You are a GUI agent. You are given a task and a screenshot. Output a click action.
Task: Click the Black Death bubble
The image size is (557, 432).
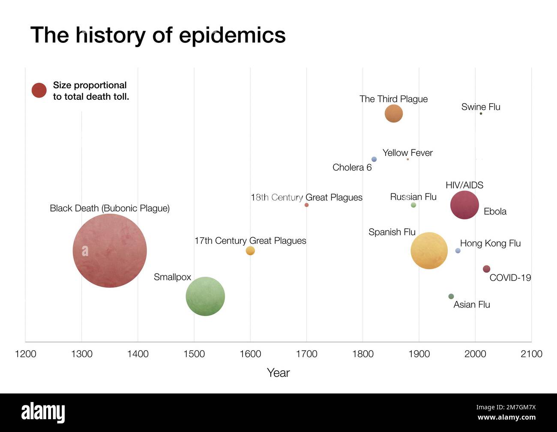(110, 250)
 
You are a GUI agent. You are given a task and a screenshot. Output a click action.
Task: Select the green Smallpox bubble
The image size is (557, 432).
(205, 296)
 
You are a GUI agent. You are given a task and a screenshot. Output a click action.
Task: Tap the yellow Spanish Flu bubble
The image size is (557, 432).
(429, 250)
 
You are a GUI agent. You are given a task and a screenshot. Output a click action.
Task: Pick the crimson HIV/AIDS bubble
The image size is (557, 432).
(464, 205)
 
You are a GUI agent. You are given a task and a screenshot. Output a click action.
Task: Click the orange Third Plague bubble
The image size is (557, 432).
(393, 114)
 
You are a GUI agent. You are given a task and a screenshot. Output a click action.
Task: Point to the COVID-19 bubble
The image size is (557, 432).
(486, 269)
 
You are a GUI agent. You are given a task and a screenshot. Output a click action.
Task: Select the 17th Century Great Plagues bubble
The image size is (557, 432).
(250, 250)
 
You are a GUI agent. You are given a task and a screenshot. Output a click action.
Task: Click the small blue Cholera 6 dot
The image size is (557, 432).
(374, 159)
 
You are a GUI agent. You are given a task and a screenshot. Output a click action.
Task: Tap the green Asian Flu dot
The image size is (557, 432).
(451, 296)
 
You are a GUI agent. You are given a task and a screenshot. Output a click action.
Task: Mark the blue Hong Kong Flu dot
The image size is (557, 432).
(458, 250)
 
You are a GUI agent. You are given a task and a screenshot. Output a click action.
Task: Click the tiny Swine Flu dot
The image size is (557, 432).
(481, 113)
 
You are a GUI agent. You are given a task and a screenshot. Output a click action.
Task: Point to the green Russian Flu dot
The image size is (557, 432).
(413, 205)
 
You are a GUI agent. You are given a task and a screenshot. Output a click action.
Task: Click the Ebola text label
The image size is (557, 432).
(495, 212)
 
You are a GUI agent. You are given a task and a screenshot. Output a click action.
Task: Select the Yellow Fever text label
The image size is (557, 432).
(407, 153)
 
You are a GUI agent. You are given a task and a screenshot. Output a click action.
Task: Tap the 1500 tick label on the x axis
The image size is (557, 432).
(194, 354)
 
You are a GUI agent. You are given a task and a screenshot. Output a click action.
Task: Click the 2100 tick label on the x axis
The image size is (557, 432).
(531, 354)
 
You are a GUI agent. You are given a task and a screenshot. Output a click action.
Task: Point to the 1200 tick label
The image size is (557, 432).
(26, 354)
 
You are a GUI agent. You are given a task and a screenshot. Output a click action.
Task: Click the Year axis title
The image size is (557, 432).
(278, 373)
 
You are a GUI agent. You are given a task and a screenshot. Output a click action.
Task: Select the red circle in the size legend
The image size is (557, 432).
(39, 90)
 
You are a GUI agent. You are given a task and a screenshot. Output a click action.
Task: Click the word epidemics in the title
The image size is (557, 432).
(232, 35)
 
